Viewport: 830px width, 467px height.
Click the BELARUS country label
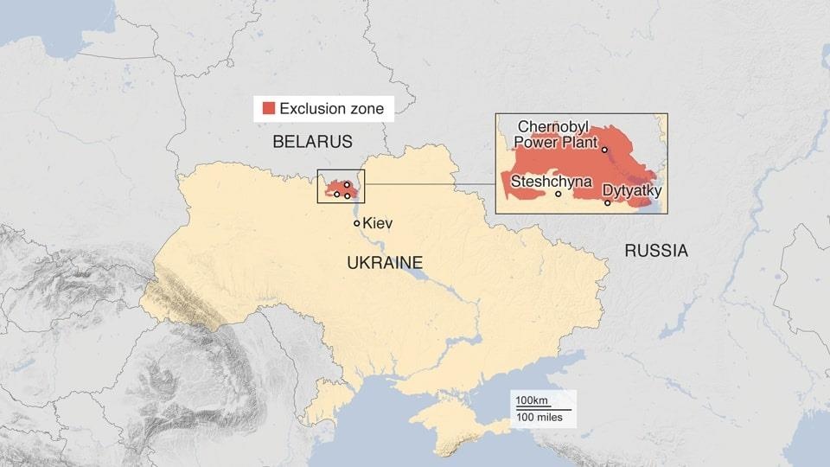pos(312,142)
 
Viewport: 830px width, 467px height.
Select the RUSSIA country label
pos(656,251)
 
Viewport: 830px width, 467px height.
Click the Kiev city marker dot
pos(356,223)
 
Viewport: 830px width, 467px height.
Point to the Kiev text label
pos(378,223)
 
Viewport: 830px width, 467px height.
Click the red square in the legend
pos(269,108)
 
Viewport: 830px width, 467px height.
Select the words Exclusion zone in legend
pos(331,109)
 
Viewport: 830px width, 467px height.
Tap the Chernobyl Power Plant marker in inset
pos(604,150)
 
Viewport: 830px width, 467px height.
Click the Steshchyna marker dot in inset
pos(558,194)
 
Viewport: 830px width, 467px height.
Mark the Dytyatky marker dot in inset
pos(608,203)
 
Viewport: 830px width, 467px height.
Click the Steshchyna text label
pos(551,182)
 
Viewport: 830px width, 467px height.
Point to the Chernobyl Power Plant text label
pos(558,135)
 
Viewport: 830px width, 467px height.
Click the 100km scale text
pos(533,400)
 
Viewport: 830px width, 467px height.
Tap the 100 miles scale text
pos(539,418)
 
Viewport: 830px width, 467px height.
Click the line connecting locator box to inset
pos(430,184)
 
